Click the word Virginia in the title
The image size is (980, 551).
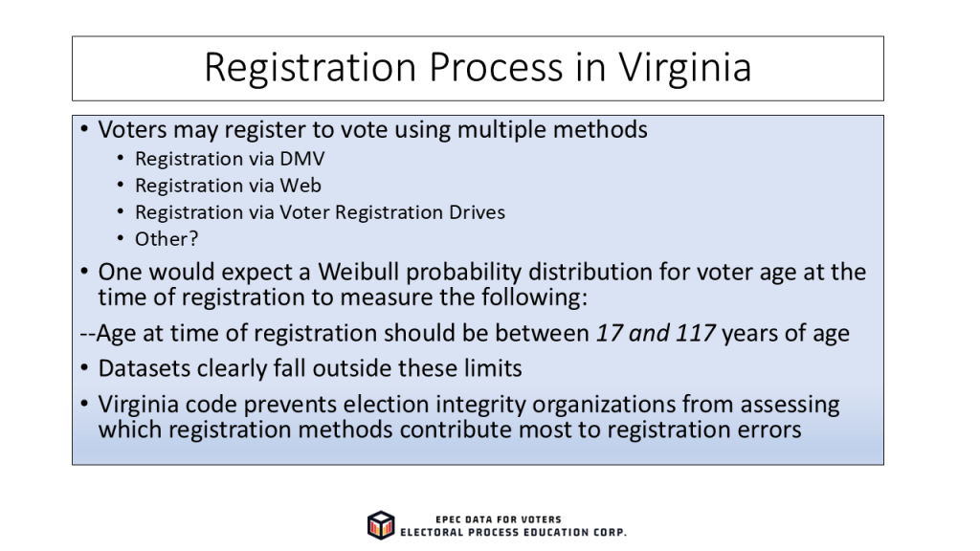click(x=685, y=67)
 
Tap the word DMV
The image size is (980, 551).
click(x=302, y=159)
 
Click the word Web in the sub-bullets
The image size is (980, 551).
click(x=300, y=186)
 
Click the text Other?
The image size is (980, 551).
click(x=167, y=238)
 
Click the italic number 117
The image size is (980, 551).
click(x=695, y=333)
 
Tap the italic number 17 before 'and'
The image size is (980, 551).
click(x=610, y=333)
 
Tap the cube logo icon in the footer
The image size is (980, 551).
click(x=381, y=525)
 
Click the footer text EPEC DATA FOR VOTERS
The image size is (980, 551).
click(x=498, y=519)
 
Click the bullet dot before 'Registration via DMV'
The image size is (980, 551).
click(x=121, y=158)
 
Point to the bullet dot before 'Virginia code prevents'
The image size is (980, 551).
click(x=84, y=404)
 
